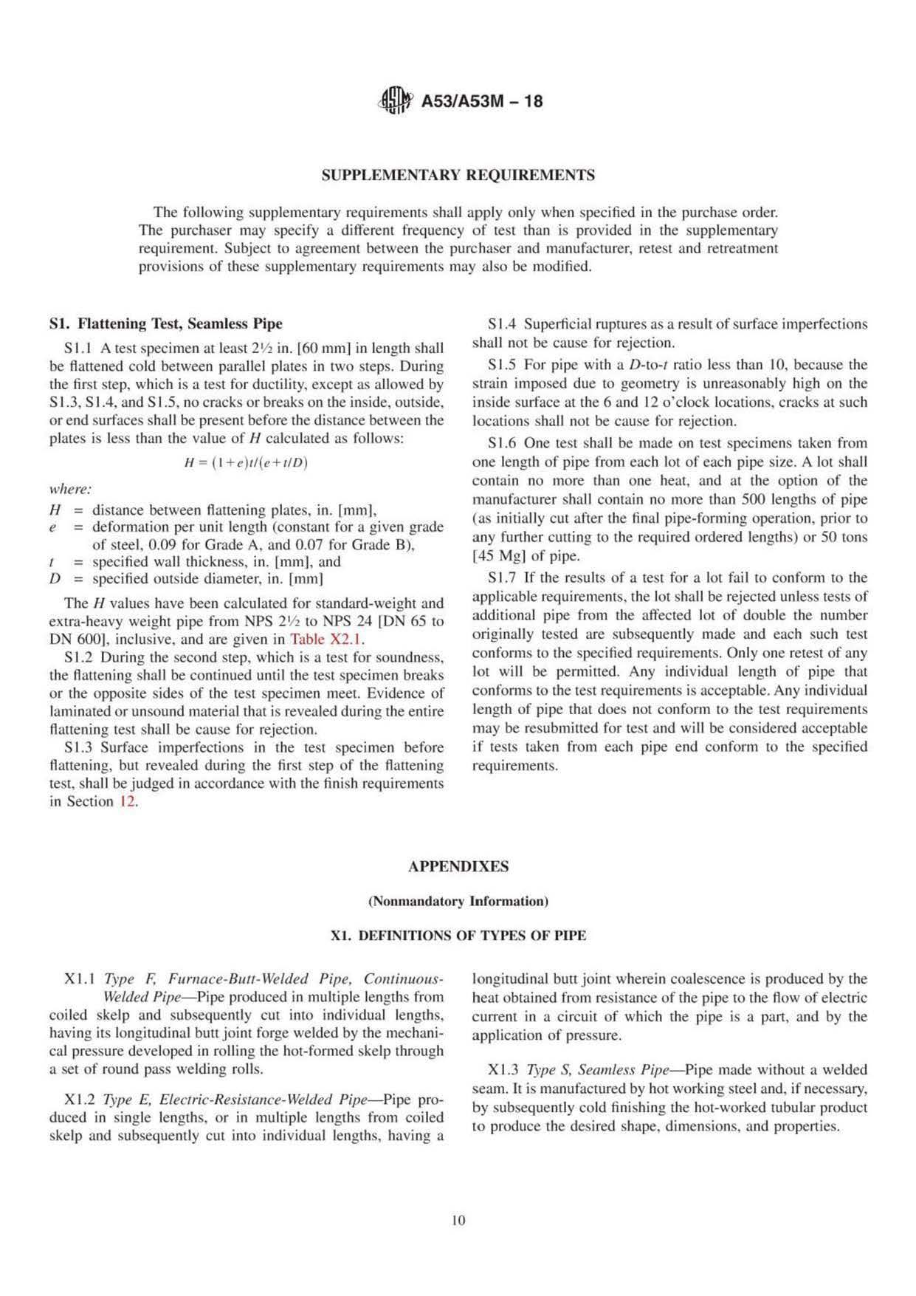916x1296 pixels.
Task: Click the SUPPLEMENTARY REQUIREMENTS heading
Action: (458, 176)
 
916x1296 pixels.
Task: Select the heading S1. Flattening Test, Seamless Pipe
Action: (165, 323)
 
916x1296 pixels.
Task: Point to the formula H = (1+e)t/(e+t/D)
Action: (246, 463)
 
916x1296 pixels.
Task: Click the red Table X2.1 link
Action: (327, 640)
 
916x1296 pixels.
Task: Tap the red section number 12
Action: (128, 801)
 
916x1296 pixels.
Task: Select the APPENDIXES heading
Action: (458, 867)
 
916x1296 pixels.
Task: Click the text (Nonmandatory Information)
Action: (458, 901)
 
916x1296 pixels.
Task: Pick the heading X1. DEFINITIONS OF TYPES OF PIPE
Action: (458, 936)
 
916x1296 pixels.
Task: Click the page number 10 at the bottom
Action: (458, 1221)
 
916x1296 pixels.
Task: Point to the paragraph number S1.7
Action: (501, 577)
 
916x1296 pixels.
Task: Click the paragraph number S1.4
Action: (501, 324)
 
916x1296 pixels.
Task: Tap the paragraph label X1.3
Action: (503, 1070)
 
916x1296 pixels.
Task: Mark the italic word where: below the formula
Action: (70, 489)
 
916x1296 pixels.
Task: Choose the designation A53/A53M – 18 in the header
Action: (481, 101)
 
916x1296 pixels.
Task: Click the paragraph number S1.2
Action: (79, 657)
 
